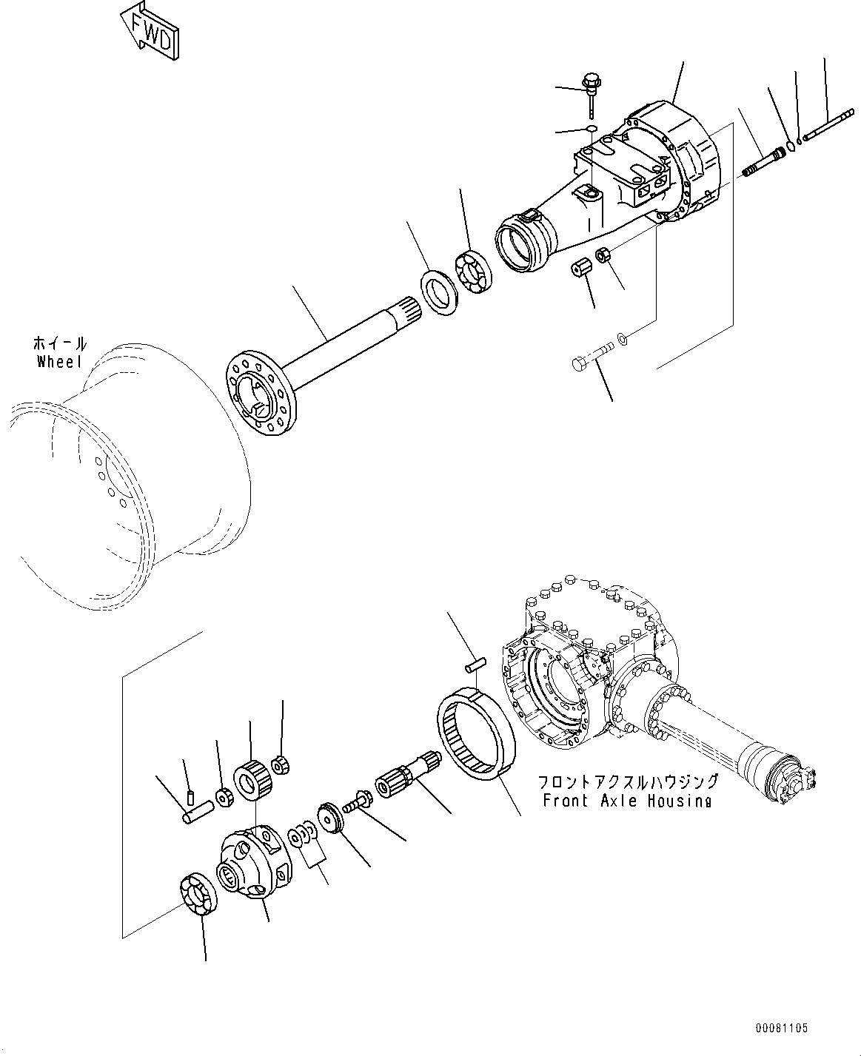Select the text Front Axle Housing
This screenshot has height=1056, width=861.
626,801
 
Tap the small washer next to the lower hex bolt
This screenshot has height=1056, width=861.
623,338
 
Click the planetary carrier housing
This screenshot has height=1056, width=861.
251,862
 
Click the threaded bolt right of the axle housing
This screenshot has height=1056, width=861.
763,161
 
